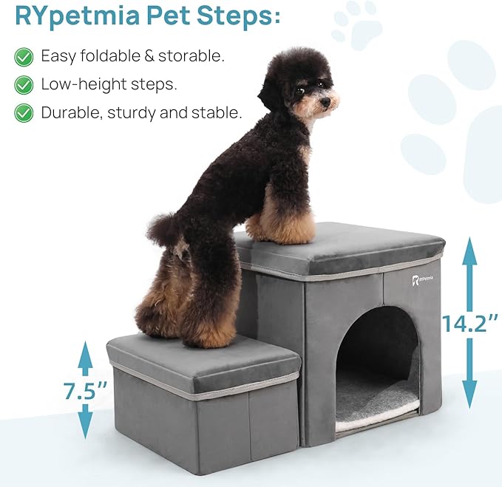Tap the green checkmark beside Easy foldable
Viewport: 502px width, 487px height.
[x=24, y=56]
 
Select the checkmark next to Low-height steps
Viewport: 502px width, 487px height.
[x=24, y=84]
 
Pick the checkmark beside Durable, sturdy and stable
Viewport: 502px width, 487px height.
[x=24, y=113]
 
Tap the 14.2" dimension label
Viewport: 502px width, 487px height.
[x=470, y=323]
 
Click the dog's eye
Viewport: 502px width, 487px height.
[x=301, y=90]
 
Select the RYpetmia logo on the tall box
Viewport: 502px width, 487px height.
[x=422, y=279]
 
